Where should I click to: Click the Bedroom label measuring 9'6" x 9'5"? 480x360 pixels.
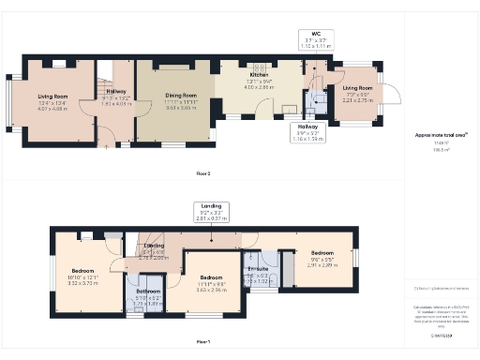322,253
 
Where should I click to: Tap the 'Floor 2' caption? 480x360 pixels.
202,173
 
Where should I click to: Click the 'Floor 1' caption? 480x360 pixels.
202,341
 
